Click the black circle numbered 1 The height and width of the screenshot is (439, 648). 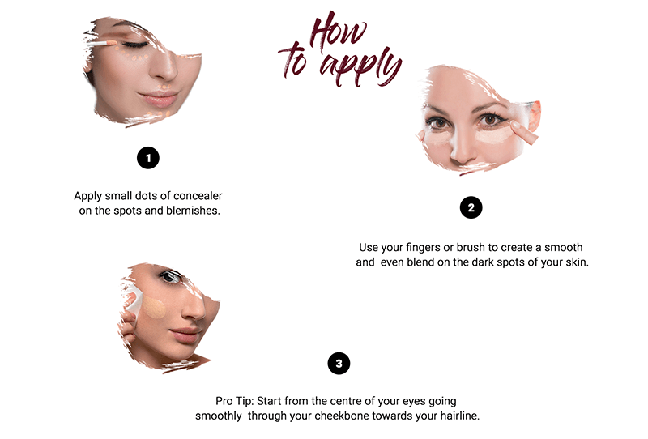pos(148,158)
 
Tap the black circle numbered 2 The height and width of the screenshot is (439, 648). pos(471,207)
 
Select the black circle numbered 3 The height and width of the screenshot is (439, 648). pos(339,364)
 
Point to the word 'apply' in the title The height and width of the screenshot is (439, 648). pos(360,66)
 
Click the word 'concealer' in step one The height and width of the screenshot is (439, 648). pos(198,195)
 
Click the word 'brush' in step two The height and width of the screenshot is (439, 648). pos(471,247)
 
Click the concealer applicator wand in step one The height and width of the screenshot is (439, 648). pos(100,44)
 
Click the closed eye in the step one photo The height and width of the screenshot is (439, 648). pos(135,45)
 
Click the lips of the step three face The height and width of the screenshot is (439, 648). pos(185,335)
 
